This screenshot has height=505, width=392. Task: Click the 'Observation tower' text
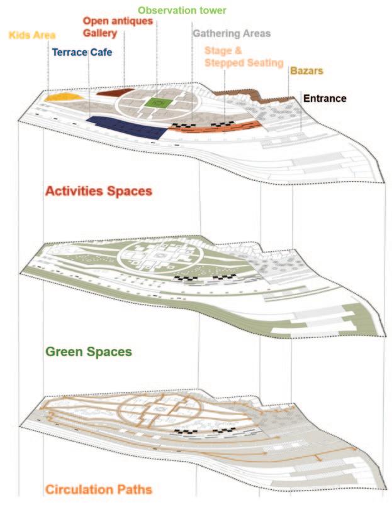pyautogui.click(x=182, y=11)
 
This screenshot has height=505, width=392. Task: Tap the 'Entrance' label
pyautogui.click(x=325, y=98)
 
